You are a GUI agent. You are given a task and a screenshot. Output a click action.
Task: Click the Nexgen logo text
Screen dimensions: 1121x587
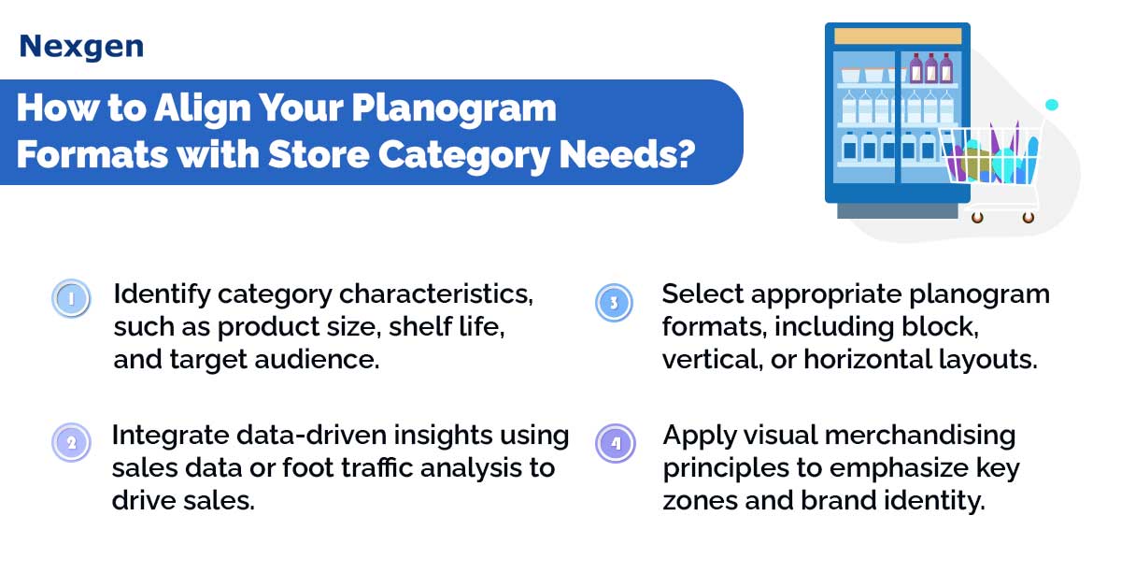pyautogui.click(x=81, y=47)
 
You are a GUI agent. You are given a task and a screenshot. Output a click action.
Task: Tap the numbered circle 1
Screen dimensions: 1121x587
pyautogui.click(x=71, y=298)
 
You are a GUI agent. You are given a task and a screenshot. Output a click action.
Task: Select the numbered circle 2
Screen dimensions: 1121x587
pyautogui.click(x=71, y=442)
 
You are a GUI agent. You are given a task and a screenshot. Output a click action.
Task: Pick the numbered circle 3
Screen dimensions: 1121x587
pyautogui.click(x=614, y=303)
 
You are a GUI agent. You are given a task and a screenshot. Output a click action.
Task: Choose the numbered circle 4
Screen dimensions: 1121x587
pyautogui.click(x=615, y=443)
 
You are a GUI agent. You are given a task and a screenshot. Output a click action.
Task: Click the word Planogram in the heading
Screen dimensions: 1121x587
pyautogui.click(x=454, y=109)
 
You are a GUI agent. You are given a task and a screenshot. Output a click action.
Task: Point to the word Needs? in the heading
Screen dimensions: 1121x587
pyautogui.click(x=627, y=154)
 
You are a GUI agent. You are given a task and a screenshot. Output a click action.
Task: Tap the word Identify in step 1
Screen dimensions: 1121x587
pyautogui.click(x=163, y=295)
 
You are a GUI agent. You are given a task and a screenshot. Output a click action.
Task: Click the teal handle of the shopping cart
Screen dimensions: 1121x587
pyautogui.click(x=1052, y=105)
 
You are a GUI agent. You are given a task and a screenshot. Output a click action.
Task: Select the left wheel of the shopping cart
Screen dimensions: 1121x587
pyautogui.click(x=977, y=218)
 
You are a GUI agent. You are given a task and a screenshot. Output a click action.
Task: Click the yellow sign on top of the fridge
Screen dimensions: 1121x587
pyautogui.click(x=898, y=36)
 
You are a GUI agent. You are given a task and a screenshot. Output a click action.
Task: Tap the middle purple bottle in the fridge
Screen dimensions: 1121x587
pyautogui.click(x=930, y=68)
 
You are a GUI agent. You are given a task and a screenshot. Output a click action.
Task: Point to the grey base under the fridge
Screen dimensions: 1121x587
pyautogui.click(x=898, y=211)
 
